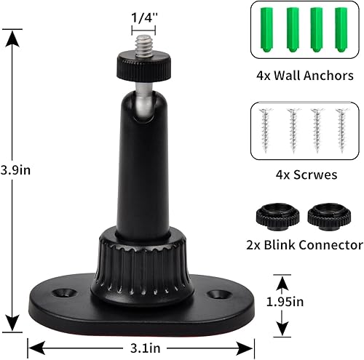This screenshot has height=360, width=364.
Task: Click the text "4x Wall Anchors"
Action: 304,76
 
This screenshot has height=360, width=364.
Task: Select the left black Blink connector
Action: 274,215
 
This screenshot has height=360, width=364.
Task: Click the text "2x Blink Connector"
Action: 304,245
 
